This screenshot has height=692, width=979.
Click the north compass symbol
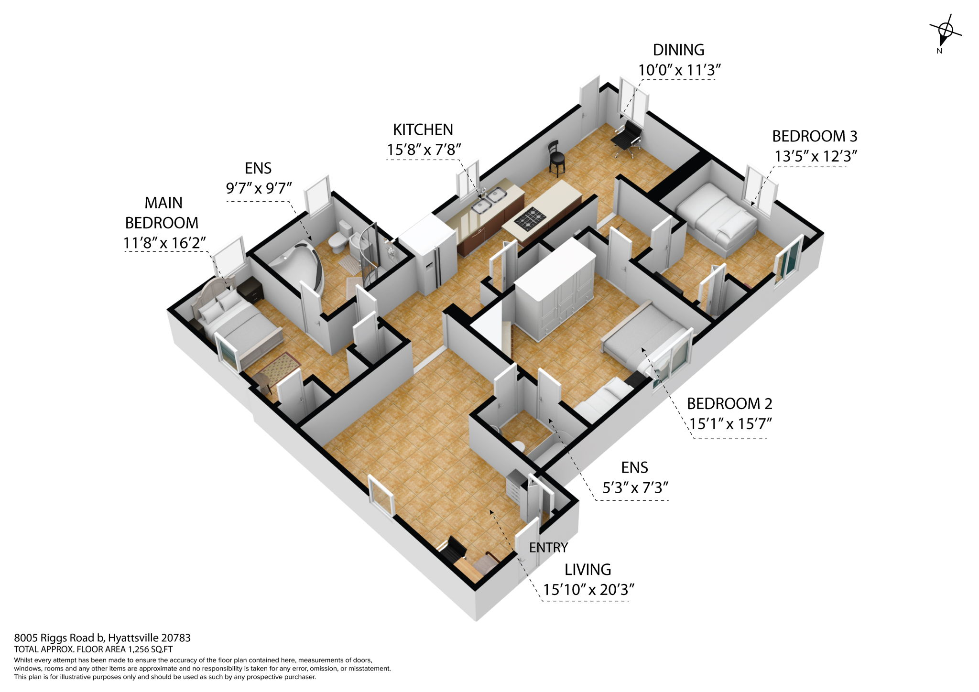(944, 33)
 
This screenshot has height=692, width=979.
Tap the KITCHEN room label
(423, 130)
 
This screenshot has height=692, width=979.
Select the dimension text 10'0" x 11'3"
(679, 70)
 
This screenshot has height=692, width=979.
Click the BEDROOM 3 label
(815, 136)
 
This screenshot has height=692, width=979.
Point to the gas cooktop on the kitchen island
(530, 219)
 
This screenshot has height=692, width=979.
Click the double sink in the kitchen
(489, 200)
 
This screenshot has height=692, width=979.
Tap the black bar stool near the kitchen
(556, 158)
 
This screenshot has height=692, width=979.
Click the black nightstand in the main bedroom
(250, 289)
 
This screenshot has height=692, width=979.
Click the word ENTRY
(548, 548)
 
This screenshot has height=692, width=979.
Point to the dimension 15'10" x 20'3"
(588, 590)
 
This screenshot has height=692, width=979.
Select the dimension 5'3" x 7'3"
(635, 488)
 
